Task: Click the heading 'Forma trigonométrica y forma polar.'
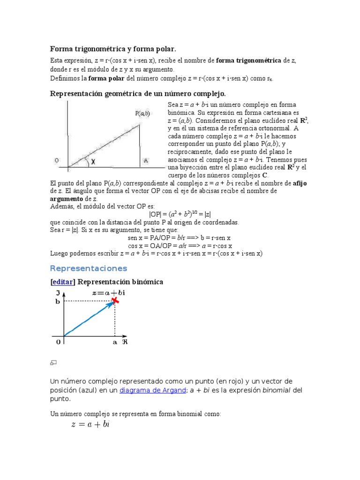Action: coord(113,49)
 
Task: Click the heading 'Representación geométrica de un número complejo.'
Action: coord(138,94)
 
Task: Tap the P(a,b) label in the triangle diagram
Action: coord(142,113)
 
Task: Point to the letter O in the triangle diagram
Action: coord(57,160)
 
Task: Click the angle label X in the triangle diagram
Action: coord(93,161)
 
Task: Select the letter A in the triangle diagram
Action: coord(146,160)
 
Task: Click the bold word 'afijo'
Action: coord(300,183)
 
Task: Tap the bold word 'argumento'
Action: coord(67,199)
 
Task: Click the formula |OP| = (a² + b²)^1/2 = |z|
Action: coord(180,214)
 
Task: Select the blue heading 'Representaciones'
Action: coord(89,269)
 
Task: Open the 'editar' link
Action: coord(63,282)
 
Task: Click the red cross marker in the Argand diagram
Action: coord(115,300)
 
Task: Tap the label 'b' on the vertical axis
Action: coord(58,301)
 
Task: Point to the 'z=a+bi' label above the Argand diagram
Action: coord(109,292)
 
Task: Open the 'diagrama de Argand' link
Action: coord(152,390)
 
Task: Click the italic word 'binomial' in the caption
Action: coord(276,390)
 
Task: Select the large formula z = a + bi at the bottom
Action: coord(90,425)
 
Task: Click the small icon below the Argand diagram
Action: coord(53,363)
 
